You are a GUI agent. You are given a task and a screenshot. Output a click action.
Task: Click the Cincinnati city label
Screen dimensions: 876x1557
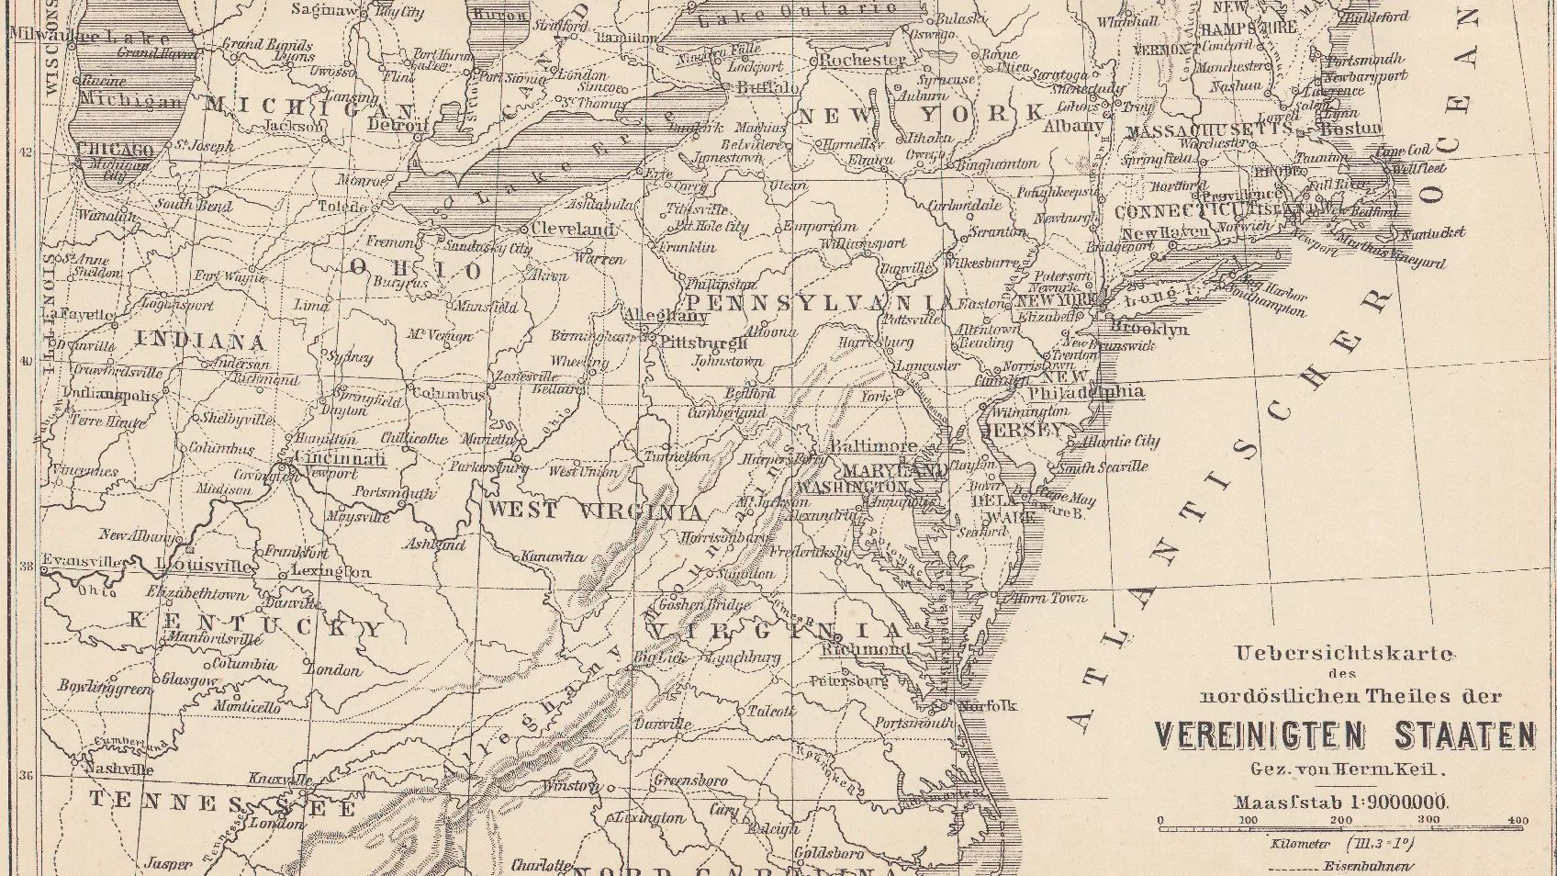click(x=339, y=458)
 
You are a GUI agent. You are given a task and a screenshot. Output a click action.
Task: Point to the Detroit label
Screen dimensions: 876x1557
click(x=398, y=125)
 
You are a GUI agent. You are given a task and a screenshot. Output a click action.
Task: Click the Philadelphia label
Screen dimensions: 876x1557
click(x=1085, y=392)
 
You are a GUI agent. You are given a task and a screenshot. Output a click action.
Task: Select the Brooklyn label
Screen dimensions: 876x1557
click(x=1148, y=328)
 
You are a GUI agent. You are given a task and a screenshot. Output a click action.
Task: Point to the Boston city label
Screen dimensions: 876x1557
click(x=1350, y=129)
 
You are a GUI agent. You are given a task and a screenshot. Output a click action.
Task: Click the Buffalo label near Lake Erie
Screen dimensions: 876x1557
click(x=767, y=88)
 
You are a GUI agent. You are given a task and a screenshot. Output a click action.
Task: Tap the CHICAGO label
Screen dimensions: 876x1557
click(x=115, y=149)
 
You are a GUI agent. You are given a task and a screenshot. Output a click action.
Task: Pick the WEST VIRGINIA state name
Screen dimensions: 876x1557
click(x=596, y=511)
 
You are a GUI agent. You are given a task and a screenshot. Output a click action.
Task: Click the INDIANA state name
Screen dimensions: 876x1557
click(x=201, y=342)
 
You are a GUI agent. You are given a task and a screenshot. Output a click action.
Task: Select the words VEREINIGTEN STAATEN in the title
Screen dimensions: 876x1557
click(x=1344, y=736)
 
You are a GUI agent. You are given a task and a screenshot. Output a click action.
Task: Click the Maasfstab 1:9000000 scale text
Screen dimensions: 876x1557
click(x=1340, y=802)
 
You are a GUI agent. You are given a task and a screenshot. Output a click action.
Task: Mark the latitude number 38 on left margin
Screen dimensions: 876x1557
click(x=25, y=566)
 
